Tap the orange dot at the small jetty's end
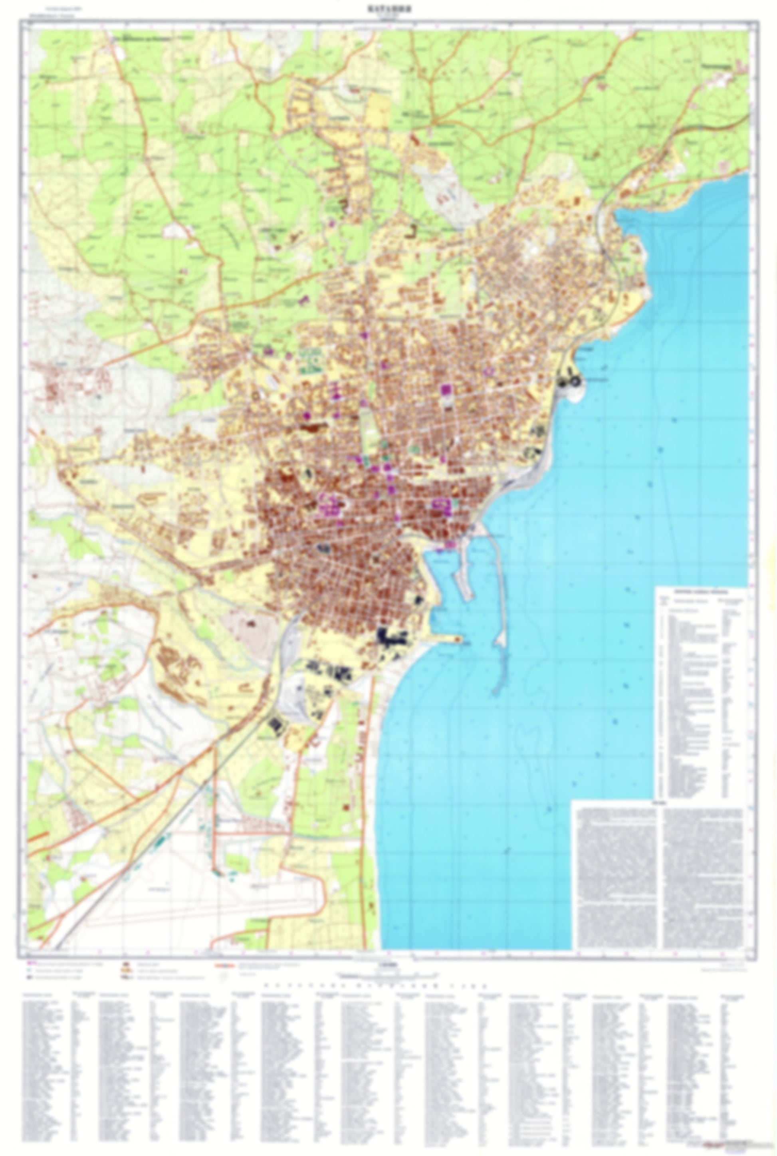coord(456,640)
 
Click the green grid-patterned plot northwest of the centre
coord(309,358)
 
